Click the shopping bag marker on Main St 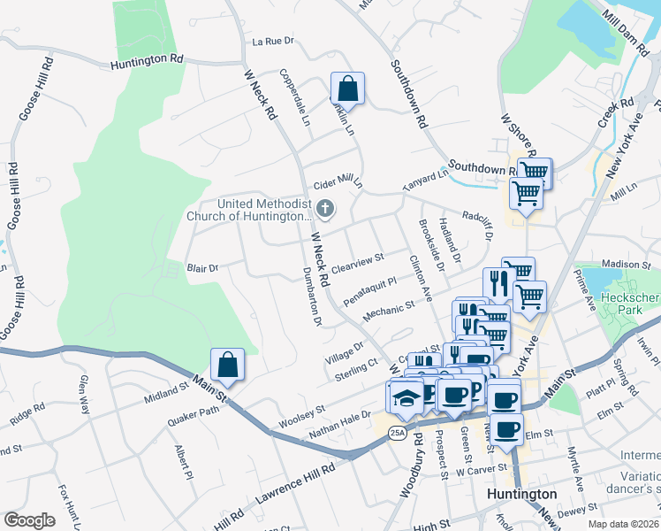[228, 365]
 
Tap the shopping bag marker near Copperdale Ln [347, 88]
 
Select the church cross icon [325, 210]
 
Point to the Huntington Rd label [147, 60]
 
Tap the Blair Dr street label [202, 266]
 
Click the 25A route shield [397, 432]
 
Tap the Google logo [29, 520]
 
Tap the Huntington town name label [522, 494]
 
